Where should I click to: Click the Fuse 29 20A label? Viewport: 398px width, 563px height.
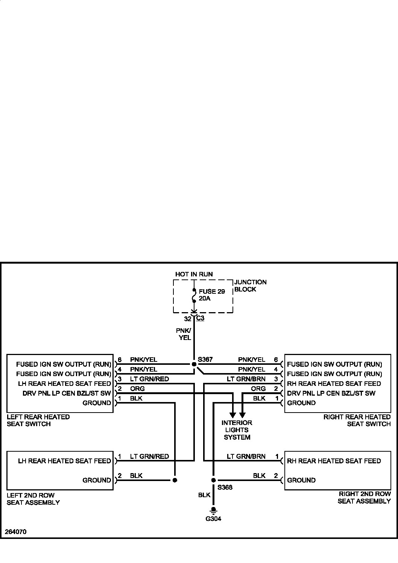[212, 295]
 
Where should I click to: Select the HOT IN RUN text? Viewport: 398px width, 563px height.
[194, 274]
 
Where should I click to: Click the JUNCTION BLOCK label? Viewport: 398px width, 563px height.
[250, 285]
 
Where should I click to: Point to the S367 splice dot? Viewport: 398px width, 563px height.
[194, 364]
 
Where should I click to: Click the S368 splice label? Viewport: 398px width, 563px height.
[225, 487]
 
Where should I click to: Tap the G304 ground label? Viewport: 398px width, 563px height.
[213, 519]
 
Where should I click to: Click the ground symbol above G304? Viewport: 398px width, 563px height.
[213, 510]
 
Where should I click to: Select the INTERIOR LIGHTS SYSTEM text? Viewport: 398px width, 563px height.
[237, 430]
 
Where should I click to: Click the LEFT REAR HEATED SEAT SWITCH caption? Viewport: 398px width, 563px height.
[38, 420]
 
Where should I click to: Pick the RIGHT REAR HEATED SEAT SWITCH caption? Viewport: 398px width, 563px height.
[357, 420]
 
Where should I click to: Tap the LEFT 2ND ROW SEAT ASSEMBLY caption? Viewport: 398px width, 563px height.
[33, 499]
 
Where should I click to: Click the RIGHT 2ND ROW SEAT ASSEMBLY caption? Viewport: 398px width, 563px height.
[364, 497]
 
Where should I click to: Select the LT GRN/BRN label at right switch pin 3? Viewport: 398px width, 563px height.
[246, 379]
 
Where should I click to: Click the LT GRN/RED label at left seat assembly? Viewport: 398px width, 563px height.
[149, 457]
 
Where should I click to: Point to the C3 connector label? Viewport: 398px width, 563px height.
[200, 318]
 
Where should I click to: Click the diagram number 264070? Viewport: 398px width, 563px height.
[16, 532]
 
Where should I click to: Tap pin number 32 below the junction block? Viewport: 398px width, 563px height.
[187, 319]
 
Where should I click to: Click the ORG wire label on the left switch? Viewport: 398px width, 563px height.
[137, 388]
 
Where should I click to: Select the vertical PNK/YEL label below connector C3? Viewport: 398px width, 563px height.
[184, 334]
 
